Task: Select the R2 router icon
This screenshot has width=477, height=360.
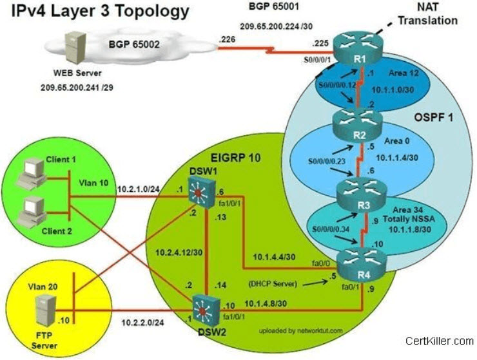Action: (x=357, y=126)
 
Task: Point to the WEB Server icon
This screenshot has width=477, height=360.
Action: (x=75, y=48)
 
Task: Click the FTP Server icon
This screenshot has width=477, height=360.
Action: (x=46, y=311)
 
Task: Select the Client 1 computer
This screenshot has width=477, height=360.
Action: (x=32, y=174)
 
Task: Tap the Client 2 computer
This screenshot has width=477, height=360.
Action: (x=32, y=213)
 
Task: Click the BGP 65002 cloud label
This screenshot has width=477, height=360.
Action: (x=134, y=44)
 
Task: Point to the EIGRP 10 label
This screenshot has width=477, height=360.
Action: (x=236, y=158)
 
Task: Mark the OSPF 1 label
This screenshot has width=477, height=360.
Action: (x=434, y=117)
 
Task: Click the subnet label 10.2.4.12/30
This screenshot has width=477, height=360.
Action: (x=179, y=252)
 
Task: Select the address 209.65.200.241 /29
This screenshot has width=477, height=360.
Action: (x=77, y=88)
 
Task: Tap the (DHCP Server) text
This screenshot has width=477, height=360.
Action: (x=273, y=283)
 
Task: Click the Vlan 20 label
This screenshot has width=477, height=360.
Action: (x=43, y=287)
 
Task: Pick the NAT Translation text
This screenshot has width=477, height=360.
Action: (x=428, y=14)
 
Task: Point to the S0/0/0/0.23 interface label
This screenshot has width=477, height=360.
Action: (x=327, y=161)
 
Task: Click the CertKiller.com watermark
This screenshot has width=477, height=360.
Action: (x=440, y=341)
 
